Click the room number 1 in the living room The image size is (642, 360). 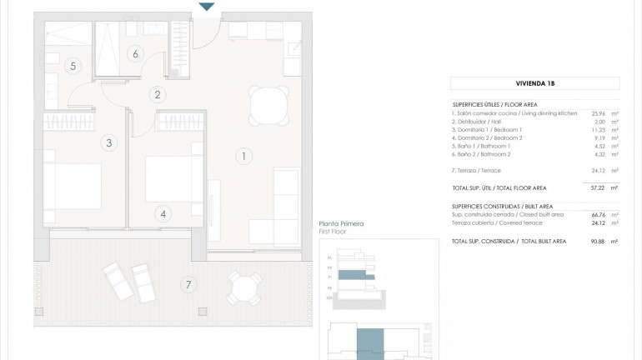243,155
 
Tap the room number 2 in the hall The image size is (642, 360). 157,94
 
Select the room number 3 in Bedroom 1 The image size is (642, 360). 109,142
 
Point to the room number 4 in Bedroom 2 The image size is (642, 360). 163,213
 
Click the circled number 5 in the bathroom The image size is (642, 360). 73,66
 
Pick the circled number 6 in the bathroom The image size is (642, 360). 134,54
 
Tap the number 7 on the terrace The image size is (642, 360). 188,285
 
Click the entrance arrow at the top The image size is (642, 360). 207,7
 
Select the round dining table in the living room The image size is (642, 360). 266,104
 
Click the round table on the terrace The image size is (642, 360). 242,289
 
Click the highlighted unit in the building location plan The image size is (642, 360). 369,342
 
